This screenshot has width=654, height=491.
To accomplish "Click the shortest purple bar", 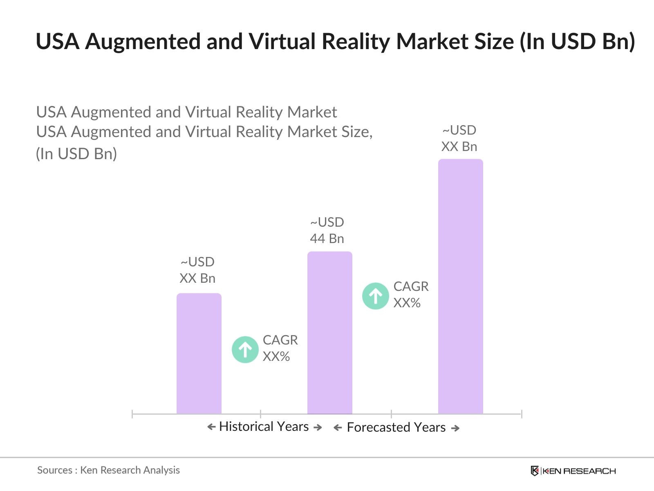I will [199, 354].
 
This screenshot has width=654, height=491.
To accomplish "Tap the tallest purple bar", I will [461, 286].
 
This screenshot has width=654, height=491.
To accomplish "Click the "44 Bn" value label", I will [327, 239].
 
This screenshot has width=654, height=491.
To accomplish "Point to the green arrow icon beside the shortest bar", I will [245, 349].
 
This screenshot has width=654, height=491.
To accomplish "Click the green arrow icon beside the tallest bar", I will [376, 296].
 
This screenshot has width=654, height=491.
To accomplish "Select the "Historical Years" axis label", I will [264, 427].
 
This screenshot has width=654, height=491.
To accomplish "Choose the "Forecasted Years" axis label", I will [396, 428].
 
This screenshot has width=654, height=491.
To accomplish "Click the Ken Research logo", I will [573, 471].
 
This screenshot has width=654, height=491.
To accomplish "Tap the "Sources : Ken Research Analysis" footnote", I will [108, 470].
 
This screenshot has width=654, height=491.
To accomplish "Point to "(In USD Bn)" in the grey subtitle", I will [76, 154].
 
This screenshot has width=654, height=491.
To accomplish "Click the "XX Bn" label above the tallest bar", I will [459, 146].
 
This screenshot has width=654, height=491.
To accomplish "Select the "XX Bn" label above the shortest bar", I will [197, 278].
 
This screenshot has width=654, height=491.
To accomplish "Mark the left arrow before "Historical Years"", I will [211, 427].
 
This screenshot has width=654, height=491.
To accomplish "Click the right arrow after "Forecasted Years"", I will [455, 428].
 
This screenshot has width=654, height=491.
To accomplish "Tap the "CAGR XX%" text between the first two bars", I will [280, 348].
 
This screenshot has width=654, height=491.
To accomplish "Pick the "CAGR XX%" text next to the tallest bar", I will [411, 295].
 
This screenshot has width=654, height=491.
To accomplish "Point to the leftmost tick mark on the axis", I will [132, 414].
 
